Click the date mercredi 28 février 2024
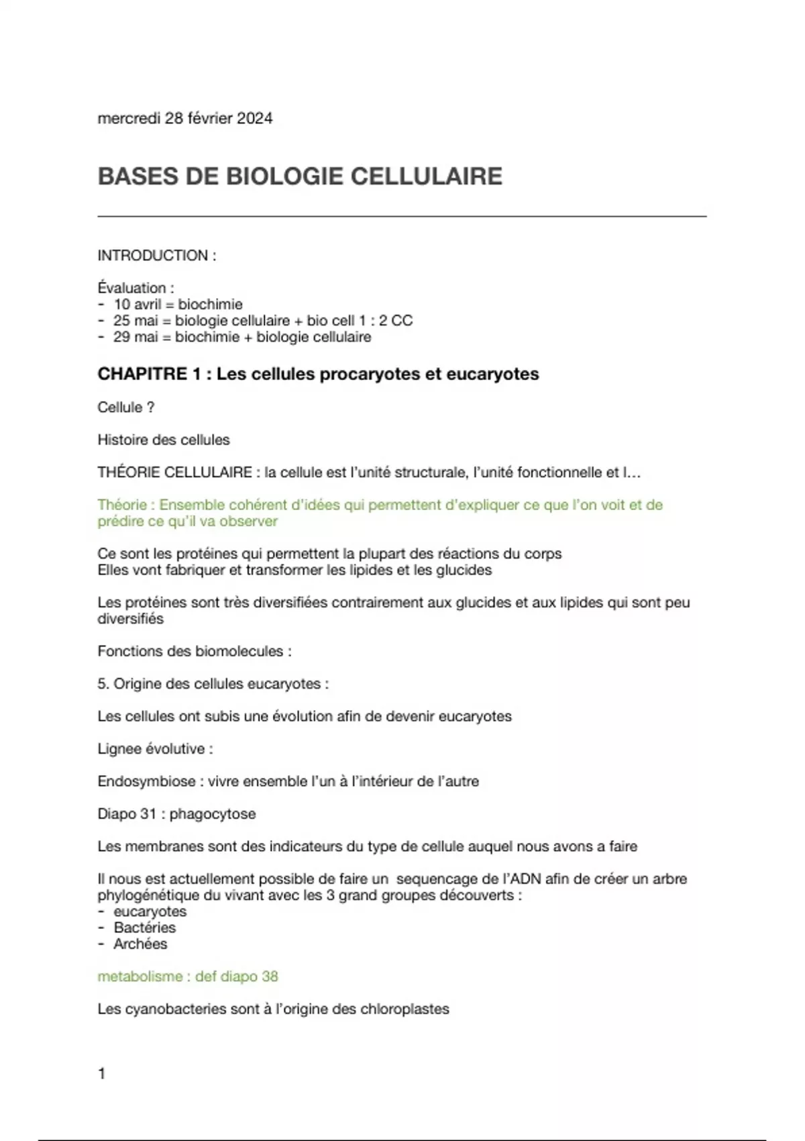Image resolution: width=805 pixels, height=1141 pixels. [x=185, y=119]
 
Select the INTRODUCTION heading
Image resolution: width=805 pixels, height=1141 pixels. [x=153, y=256]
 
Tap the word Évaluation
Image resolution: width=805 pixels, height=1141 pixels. [x=131, y=288]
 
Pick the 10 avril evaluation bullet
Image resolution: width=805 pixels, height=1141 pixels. [x=138, y=305]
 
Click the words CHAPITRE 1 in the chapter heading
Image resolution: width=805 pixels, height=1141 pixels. [x=149, y=375]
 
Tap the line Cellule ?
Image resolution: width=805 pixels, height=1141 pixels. [x=126, y=407]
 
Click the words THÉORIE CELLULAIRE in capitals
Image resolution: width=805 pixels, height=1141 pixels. [x=174, y=473]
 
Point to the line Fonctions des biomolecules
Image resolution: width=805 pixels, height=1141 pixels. [x=194, y=651]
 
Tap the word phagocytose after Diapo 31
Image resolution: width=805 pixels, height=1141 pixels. [x=213, y=814]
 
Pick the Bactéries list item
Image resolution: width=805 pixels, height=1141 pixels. [x=144, y=928]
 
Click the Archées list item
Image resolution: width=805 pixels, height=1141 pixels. [x=140, y=944]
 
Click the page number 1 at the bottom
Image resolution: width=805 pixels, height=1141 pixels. [x=102, y=1074]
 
